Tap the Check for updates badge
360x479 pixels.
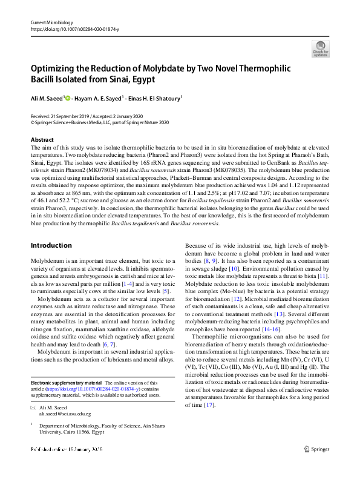(x=321, y=48)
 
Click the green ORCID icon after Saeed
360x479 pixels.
(x=67, y=97)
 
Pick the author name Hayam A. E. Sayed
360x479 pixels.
(x=99, y=97)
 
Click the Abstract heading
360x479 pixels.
(x=42, y=139)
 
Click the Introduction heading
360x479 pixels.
(x=51, y=245)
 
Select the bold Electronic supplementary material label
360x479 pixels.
(x=67, y=366)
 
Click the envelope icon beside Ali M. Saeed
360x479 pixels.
(x=33, y=391)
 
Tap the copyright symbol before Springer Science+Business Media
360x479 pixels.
(x=33, y=122)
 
